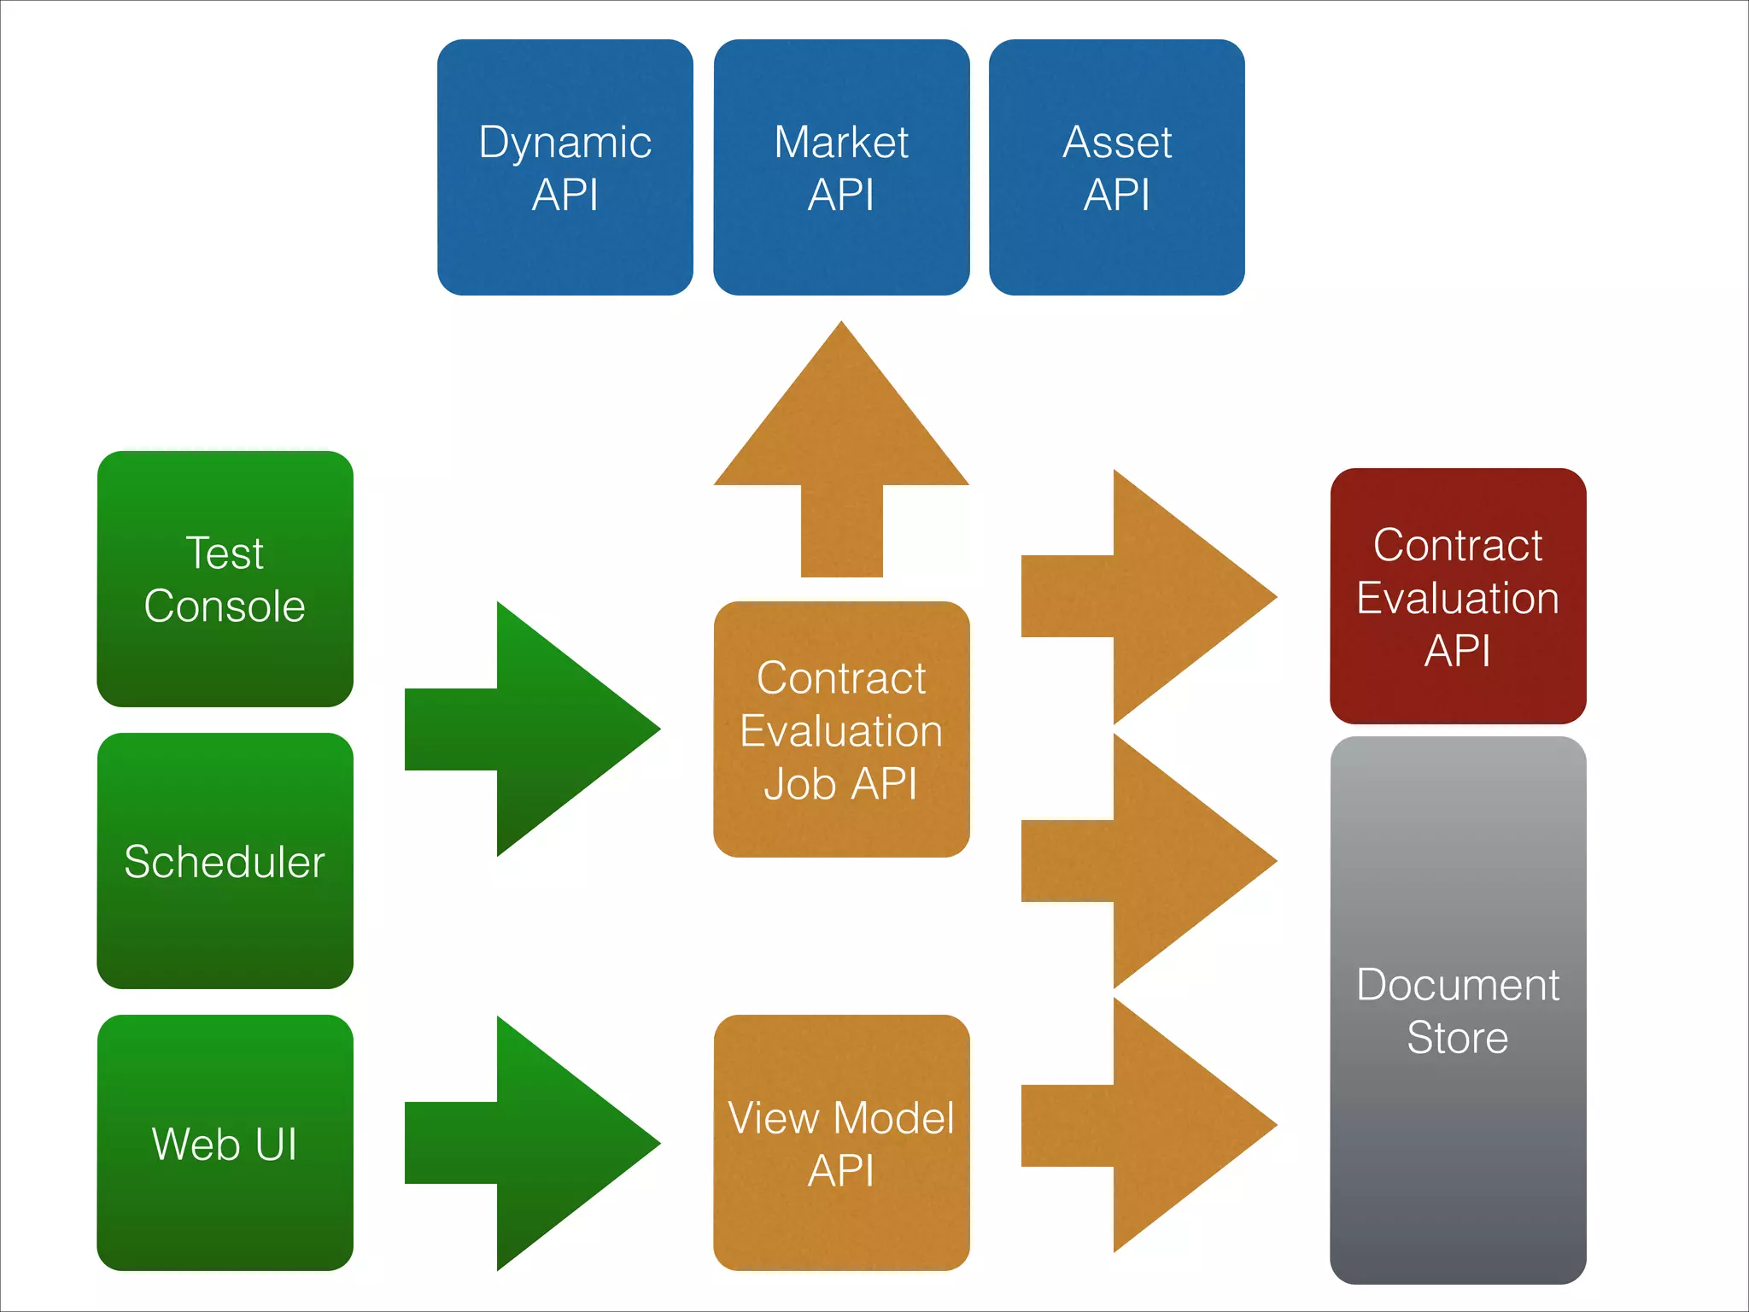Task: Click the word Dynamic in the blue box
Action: pyautogui.click(x=564, y=143)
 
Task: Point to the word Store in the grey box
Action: pyautogui.click(x=1457, y=1038)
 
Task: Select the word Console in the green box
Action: pyautogui.click(x=225, y=606)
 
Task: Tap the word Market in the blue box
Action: pyautogui.click(x=841, y=143)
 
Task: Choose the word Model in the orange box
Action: pyautogui.click(x=893, y=1118)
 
